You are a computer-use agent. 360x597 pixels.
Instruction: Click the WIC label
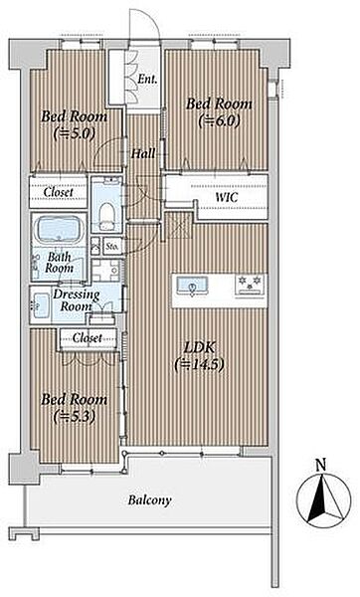227,197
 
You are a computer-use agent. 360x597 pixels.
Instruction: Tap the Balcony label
149,499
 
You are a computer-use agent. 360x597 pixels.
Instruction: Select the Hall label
143,154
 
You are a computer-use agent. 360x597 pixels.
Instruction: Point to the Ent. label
147,80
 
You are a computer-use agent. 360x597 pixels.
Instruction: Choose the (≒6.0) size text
219,121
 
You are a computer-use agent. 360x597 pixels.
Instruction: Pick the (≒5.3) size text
74,417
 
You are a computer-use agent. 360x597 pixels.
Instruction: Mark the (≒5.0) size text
74,133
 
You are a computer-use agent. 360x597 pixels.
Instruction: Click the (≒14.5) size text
199,364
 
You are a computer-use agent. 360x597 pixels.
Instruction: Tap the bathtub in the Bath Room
59,230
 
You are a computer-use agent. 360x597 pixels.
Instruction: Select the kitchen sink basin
193,286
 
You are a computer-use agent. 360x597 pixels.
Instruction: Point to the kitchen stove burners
250,283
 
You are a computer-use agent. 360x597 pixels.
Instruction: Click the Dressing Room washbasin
41,305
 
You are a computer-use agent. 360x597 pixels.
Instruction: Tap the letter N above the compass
321,465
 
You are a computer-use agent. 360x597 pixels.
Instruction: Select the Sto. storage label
112,247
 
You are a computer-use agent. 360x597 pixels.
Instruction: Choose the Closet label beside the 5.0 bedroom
59,192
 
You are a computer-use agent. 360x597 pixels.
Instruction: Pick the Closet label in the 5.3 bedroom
88,337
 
